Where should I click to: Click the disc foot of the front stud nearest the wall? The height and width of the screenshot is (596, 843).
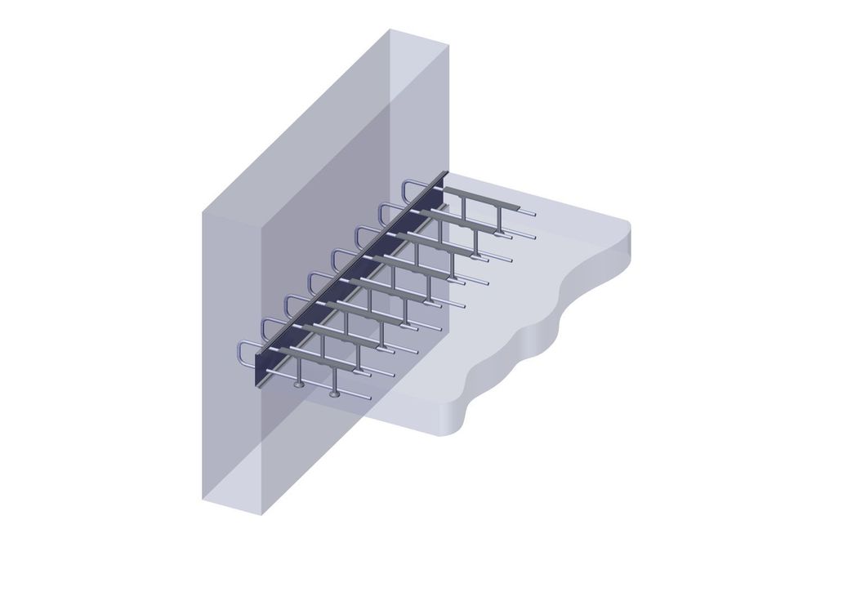coord(299,383)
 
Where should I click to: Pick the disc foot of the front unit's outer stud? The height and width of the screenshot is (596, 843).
coord(334,394)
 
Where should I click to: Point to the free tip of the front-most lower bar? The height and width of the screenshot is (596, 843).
coord(369,398)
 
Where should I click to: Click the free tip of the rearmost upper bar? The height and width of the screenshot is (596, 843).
coord(535,214)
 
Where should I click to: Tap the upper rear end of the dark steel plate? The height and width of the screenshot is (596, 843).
coord(446,174)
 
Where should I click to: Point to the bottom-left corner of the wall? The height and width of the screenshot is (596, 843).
coord(203,497)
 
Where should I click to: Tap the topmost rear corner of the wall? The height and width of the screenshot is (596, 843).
coord(389,29)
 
